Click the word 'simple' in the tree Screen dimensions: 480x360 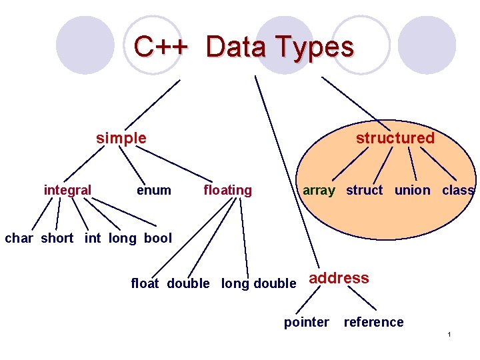[x=121, y=138]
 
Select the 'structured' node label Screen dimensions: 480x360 [x=395, y=138]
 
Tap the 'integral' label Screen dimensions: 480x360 [x=67, y=190]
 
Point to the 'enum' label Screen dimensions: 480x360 [x=153, y=190]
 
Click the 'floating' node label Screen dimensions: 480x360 [x=227, y=190]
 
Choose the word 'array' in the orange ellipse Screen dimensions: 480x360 [x=319, y=190]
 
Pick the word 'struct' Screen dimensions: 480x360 [x=364, y=190]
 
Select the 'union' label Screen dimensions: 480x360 [x=412, y=190]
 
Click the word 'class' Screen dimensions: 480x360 [x=458, y=190]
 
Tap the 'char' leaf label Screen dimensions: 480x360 [x=19, y=238]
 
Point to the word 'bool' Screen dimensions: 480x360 [x=157, y=238]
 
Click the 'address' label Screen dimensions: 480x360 [x=339, y=278]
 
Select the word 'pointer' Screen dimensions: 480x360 [x=306, y=322]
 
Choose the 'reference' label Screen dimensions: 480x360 [x=373, y=322]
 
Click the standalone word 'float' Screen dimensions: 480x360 [x=145, y=283]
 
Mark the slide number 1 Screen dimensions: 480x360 [x=450, y=334]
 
